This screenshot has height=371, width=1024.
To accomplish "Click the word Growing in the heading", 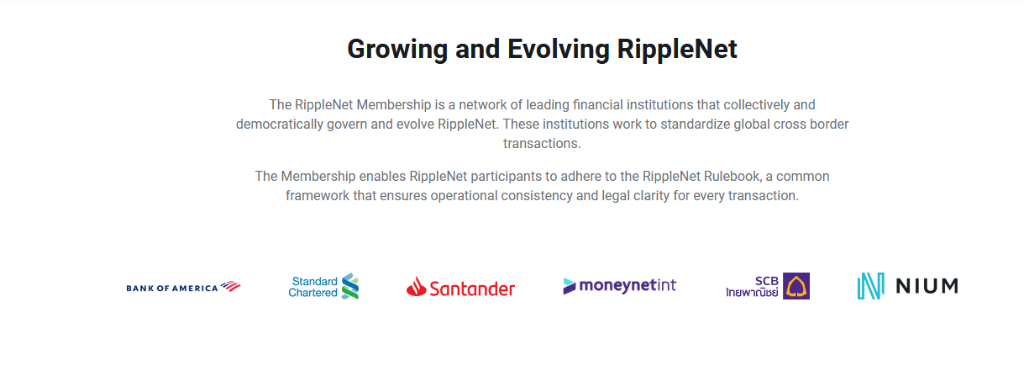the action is coord(397,50).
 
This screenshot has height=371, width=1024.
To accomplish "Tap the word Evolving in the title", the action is coord(558,50).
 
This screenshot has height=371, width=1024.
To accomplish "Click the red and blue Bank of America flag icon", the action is coord(230,286).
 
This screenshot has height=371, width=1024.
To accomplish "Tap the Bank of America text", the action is coord(172,288).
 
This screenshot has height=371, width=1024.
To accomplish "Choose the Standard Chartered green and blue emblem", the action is coord(350,286).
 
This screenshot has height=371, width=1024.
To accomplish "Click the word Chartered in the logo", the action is coord(312,293).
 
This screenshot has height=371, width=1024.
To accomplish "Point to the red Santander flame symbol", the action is coord(416,287).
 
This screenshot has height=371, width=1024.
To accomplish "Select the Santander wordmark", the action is coord(472,289).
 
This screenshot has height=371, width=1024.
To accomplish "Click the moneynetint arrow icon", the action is coord(570,286).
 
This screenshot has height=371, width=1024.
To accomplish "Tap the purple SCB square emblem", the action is coord(796,286).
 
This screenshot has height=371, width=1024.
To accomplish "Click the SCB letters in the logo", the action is coord(767,281).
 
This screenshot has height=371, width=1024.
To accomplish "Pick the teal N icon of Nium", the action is coord(871,286).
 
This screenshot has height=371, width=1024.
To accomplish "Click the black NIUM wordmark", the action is coord(927,286).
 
